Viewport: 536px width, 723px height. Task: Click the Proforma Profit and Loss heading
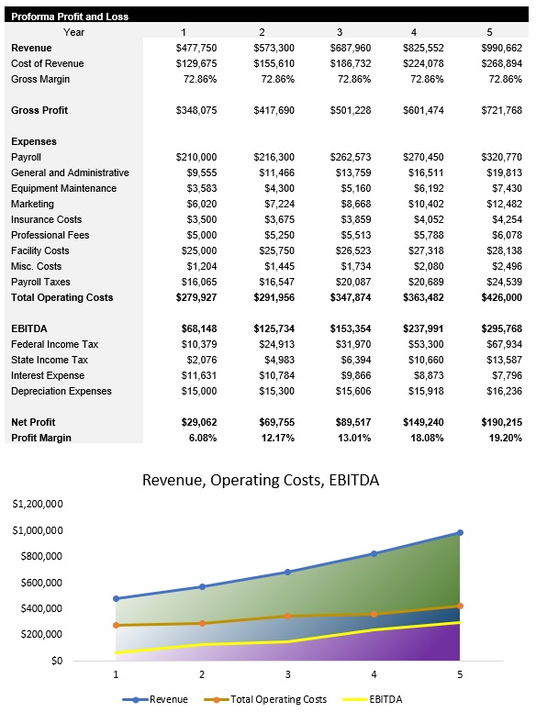(70, 17)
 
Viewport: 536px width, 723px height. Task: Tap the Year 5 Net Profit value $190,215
(501, 422)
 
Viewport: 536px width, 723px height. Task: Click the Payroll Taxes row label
(40, 282)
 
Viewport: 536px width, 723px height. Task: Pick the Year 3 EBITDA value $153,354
(350, 328)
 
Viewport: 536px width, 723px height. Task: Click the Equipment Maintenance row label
(63, 188)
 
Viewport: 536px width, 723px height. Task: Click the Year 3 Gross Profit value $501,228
(350, 110)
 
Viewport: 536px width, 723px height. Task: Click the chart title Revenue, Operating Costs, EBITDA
(260, 480)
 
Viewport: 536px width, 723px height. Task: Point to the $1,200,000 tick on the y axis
(38, 505)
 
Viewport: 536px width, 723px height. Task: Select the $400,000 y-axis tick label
(40, 608)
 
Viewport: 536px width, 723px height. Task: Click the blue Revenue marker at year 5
(460, 532)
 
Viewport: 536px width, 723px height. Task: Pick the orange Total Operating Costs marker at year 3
(287, 616)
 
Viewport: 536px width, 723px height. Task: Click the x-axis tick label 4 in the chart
(374, 673)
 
